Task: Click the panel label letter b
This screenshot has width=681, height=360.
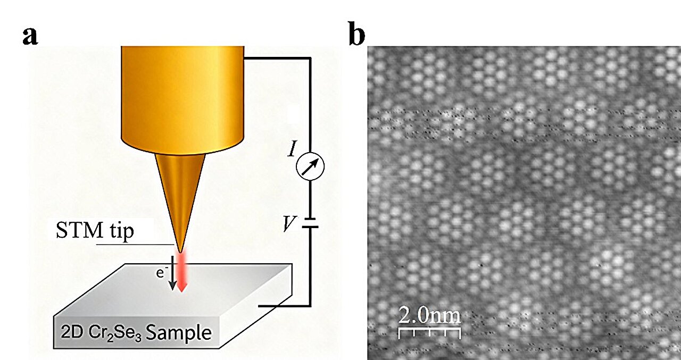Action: coord(356,34)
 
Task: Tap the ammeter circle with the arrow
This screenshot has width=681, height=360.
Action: coord(310,166)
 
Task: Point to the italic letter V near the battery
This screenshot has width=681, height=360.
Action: coord(289,224)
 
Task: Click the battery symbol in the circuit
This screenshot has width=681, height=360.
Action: coord(310,223)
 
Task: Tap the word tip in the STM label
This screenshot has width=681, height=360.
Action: coord(122,231)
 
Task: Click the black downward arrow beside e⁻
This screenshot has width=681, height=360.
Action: coord(173,273)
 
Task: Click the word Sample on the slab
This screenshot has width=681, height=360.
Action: coord(178,332)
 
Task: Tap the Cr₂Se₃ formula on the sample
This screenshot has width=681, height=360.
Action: coord(115,333)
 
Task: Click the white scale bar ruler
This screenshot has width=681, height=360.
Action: coord(430,333)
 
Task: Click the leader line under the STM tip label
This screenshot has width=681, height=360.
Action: coord(135,244)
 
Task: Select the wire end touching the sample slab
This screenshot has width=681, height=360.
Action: coord(259,306)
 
